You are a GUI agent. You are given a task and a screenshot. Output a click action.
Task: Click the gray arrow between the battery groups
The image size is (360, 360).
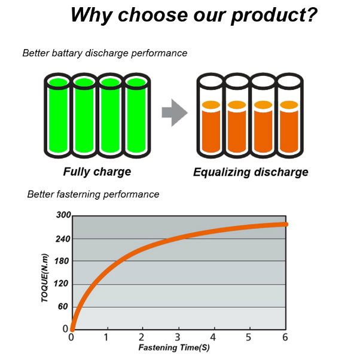[175, 112]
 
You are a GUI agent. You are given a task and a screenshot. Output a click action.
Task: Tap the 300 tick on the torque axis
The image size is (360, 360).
[63, 215]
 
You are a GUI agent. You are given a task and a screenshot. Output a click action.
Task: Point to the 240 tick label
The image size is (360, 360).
[63, 239]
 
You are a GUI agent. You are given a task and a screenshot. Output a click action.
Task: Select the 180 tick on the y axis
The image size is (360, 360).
[62, 261]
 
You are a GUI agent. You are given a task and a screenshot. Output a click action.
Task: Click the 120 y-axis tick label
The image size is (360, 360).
[61, 284]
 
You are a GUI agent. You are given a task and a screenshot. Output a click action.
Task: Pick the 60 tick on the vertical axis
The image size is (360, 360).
[63, 307]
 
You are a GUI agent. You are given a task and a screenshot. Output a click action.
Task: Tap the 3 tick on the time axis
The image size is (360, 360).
[178, 337]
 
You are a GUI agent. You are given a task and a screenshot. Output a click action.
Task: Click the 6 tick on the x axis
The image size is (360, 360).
[285, 337]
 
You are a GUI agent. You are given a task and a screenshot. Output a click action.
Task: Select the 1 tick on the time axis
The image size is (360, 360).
[106, 337]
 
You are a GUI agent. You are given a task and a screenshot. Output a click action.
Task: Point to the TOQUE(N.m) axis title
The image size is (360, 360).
[45, 278]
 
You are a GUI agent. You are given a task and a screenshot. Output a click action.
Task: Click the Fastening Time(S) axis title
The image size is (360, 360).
[174, 347]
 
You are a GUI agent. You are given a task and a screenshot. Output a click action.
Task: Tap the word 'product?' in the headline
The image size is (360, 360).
[274, 16]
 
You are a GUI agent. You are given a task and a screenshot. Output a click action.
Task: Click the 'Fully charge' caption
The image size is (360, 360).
[97, 172]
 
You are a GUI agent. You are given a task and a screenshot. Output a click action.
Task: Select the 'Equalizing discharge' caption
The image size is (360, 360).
[251, 172]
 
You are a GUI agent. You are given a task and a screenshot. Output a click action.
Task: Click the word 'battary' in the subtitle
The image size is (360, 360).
[67, 53]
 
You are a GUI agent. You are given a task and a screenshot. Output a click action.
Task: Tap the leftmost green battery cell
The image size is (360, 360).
[58, 115]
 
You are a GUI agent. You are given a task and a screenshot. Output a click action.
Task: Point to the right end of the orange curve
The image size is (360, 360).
[286, 224]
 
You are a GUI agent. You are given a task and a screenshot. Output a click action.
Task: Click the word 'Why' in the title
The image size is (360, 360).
[91, 15]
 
